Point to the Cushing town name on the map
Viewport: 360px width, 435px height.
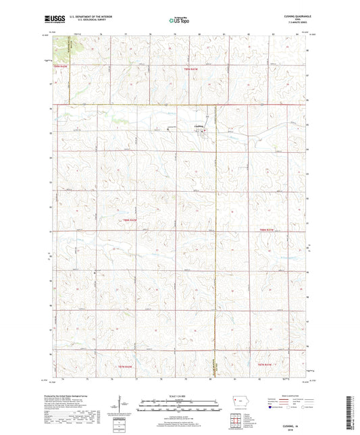(x=198, y=126)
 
